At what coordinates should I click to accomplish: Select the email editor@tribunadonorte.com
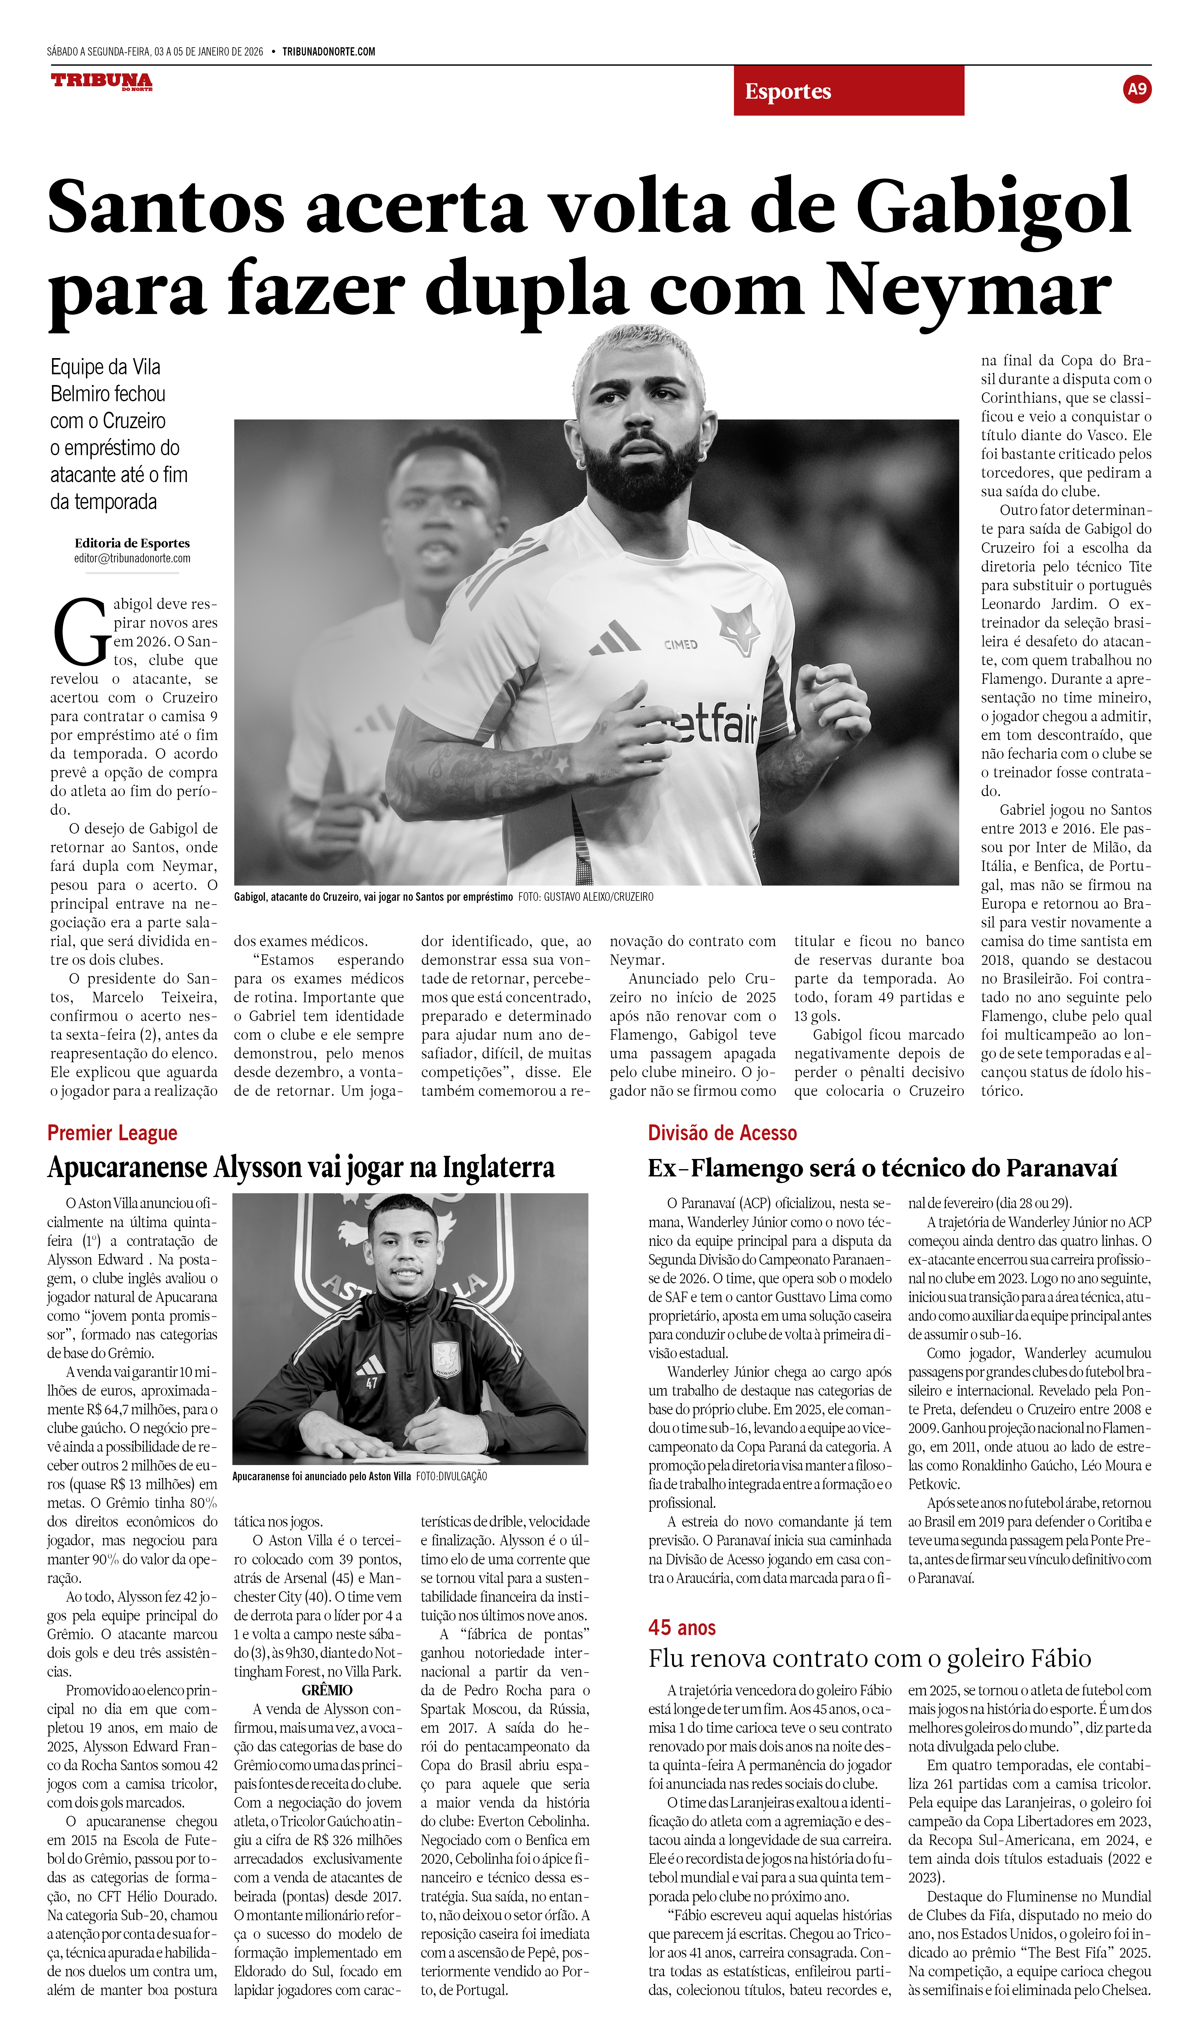pyautogui.click(x=132, y=558)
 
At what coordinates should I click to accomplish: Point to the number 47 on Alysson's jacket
pyautogui.click(x=371, y=1383)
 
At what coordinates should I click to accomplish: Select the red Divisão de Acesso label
pyautogui.click(x=722, y=1133)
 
